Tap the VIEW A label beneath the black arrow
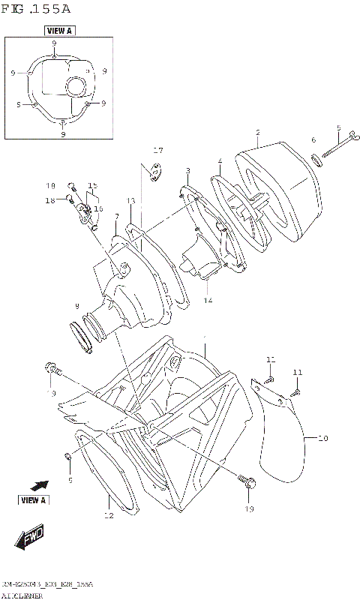pos(33,499)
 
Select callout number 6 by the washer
pos(313,140)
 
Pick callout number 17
pos(158,150)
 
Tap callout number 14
pos(208,300)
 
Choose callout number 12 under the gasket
pos(109,515)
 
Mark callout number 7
pos(117,216)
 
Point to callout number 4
pos(220,160)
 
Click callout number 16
pos(97,208)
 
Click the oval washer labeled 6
pos(316,158)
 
